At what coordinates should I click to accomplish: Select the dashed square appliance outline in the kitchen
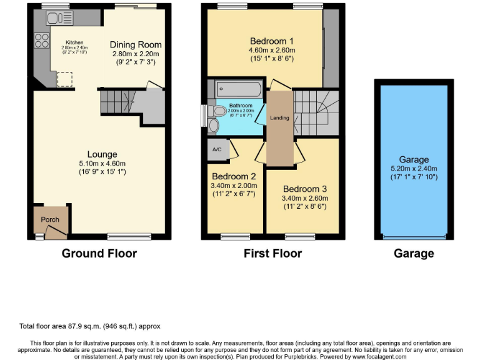64,79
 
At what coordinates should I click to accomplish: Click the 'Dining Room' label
136,45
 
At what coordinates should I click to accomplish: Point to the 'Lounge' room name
102,154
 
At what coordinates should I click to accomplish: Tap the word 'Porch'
50,220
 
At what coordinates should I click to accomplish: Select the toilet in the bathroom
217,112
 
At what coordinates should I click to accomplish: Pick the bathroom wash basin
214,126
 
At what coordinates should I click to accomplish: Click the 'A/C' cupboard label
217,149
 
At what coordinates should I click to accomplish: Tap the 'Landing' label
279,117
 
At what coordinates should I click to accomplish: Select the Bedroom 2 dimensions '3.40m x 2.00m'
234,186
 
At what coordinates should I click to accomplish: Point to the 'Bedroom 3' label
304,189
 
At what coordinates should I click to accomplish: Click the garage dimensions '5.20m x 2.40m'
414,168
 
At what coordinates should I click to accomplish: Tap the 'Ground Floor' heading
99,253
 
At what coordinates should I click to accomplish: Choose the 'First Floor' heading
272,253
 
